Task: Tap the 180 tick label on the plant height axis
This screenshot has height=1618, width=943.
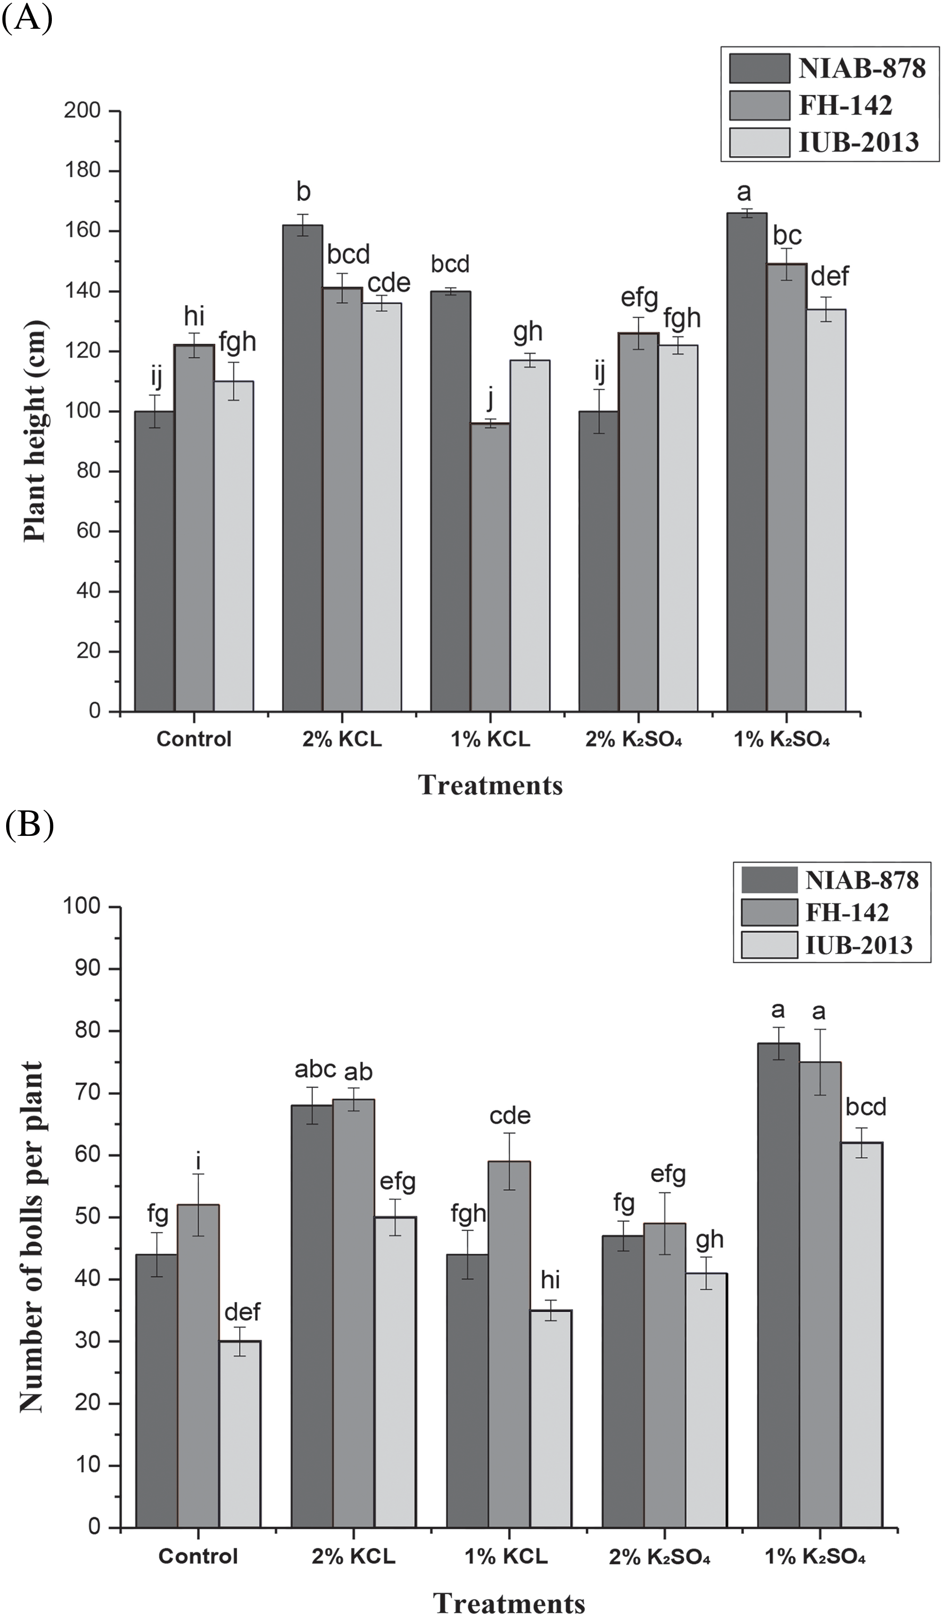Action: tap(82, 171)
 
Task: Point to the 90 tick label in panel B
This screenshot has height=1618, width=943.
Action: tap(82, 969)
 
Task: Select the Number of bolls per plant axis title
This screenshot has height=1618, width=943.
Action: tap(31, 1237)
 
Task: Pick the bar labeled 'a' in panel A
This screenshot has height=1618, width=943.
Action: tap(746, 462)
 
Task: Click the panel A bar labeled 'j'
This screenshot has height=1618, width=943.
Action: tap(490, 567)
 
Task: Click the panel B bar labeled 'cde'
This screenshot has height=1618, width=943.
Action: tap(510, 1344)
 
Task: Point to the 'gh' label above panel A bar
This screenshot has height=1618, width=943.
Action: tap(528, 331)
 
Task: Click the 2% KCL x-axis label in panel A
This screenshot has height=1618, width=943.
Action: tap(342, 739)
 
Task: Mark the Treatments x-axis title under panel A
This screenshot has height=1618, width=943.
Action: tap(490, 785)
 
